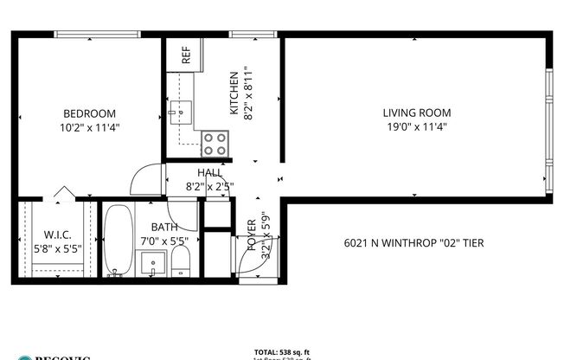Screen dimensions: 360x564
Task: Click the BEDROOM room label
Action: click(x=89, y=113)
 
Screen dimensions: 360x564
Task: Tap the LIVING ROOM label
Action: click(x=416, y=113)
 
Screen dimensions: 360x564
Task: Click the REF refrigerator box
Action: click(x=185, y=55)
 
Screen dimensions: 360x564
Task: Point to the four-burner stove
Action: click(x=215, y=144)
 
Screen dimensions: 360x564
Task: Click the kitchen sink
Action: click(x=183, y=110)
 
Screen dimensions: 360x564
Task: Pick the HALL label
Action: click(x=209, y=173)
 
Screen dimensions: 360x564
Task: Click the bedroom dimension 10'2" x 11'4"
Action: click(x=89, y=126)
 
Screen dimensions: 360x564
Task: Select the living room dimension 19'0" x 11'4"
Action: click(x=416, y=126)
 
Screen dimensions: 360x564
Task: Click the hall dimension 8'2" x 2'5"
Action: click(x=209, y=185)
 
